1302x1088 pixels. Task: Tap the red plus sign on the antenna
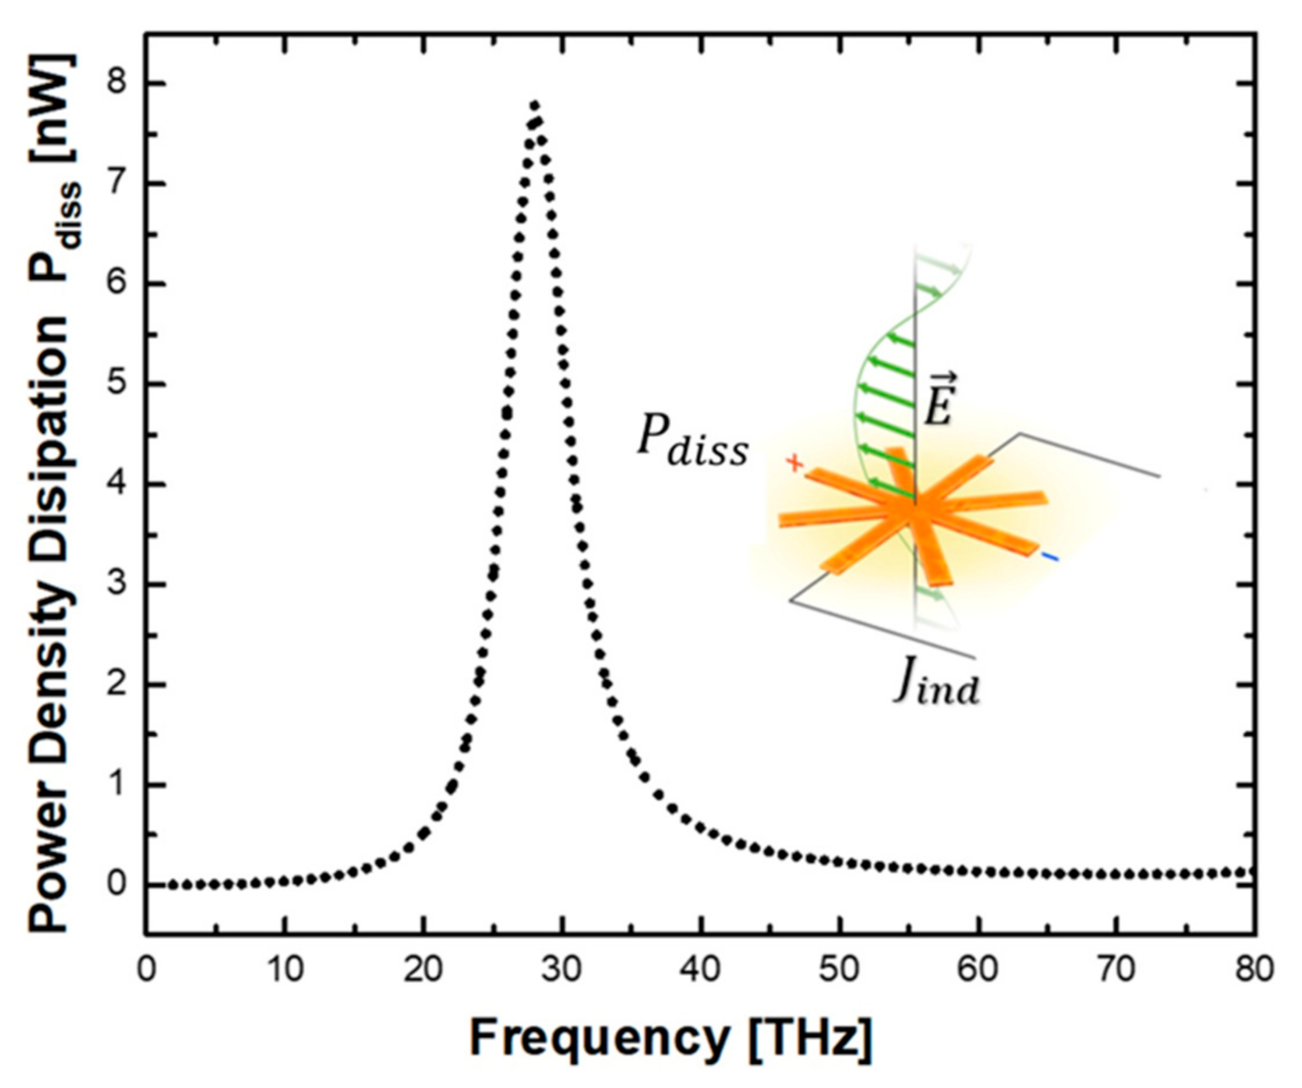[794, 463]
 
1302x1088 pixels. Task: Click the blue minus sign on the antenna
[1050, 558]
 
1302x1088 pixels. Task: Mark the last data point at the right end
[1250, 873]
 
